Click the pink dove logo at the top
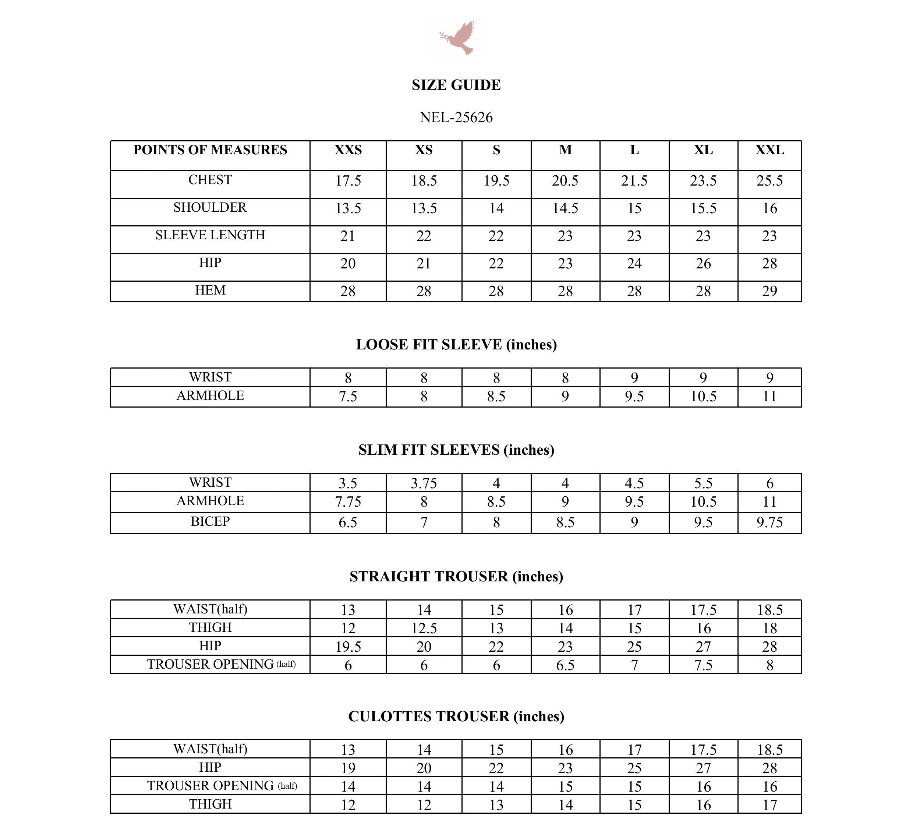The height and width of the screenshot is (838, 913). click(x=457, y=38)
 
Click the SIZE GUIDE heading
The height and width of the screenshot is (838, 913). click(x=456, y=85)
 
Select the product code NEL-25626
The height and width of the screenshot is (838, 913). click(x=456, y=117)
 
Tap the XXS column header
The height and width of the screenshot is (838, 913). click(x=348, y=150)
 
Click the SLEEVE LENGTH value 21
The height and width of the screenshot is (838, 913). click(x=348, y=236)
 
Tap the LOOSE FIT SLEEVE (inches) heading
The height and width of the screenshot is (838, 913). click(x=456, y=345)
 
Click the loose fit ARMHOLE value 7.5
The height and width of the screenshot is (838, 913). click(x=348, y=397)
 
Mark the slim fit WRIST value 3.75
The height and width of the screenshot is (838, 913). click(x=424, y=483)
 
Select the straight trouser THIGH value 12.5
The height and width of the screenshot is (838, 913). click(x=424, y=628)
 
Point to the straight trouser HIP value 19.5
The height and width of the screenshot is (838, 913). click(x=348, y=647)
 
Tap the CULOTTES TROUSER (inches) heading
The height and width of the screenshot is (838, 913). click(x=456, y=716)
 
